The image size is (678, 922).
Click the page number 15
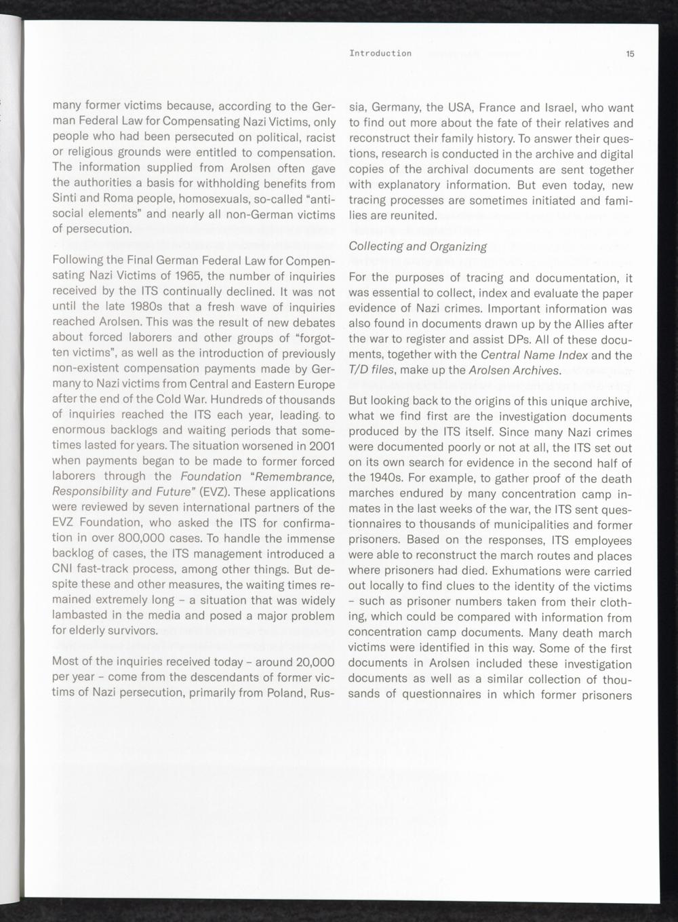point(630,54)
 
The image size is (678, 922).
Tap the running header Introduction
point(380,54)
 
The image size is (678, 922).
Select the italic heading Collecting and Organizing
point(418,246)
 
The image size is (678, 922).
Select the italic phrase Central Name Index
point(536,355)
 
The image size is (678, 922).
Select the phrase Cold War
point(157,400)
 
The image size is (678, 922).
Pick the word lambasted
point(81,616)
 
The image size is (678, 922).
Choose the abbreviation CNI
point(65,569)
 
